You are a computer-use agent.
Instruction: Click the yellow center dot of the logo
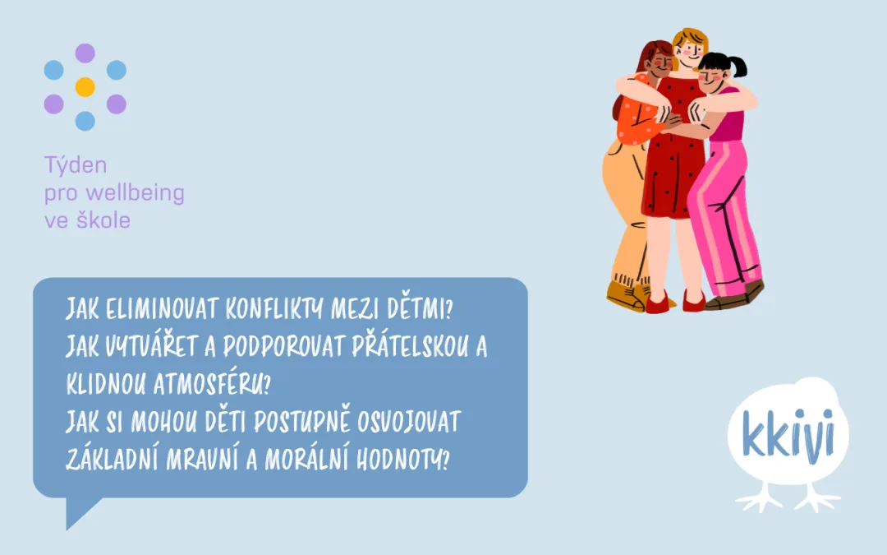pyautogui.click(x=85, y=87)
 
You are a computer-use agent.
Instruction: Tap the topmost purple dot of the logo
pyautogui.click(x=85, y=53)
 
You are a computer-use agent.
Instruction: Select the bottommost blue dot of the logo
pyautogui.click(x=85, y=122)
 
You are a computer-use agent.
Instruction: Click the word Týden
pyautogui.click(x=76, y=165)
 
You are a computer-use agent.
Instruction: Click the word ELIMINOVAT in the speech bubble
pyautogui.click(x=156, y=310)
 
